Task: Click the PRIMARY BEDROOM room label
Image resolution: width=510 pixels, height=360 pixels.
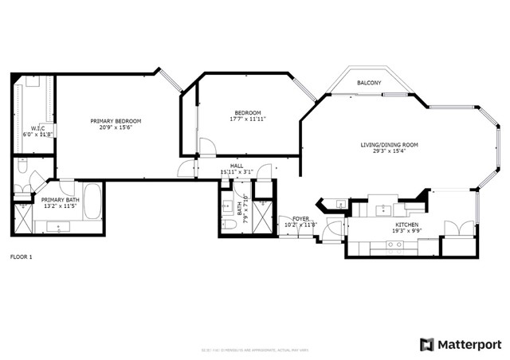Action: coord(116,120)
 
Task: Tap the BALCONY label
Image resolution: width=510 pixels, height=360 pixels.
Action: coord(368,84)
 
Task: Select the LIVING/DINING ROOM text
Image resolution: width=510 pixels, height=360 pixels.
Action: coord(389,144)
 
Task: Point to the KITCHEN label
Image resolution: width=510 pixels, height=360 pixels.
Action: coord(407,225)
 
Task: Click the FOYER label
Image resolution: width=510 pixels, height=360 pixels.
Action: coord(300,217)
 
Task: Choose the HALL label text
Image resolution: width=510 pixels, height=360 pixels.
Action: coord(237,165)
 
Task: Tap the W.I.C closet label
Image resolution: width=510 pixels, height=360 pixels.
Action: coord(37,128)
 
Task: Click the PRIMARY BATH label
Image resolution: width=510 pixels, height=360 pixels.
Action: coord(61,200)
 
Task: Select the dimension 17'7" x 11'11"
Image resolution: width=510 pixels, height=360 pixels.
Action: coord(247,119)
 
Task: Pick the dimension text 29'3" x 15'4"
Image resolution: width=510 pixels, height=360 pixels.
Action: coord(389,151)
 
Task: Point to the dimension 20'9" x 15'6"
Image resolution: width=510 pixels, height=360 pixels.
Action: coord(116,127)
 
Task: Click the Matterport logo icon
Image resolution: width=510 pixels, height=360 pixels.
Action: coord(427,344)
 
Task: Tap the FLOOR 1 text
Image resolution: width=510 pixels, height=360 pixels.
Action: coord(22,257)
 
